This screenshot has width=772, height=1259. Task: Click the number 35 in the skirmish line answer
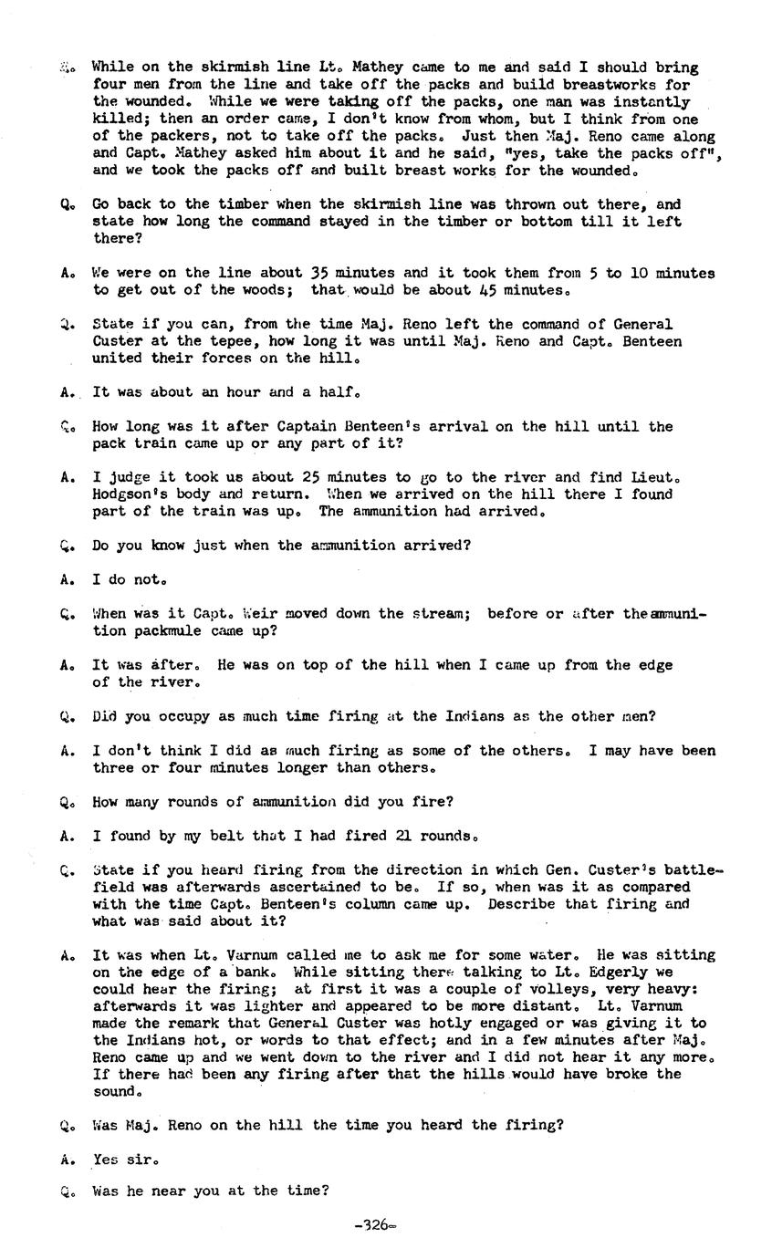click(x=318, y=272)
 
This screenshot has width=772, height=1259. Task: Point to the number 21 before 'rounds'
click(x=403, y=835)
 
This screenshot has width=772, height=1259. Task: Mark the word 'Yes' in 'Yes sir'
click(x=107, y=1159)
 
